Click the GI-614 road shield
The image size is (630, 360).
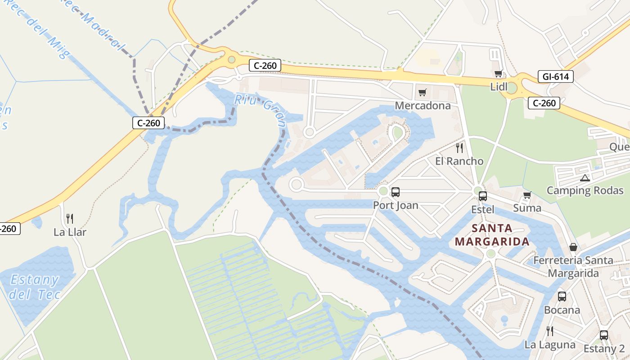click(x=555, y=76)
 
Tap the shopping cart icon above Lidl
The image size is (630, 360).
click(x=498, y=73)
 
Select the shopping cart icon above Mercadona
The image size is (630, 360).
click(x=422, y=92)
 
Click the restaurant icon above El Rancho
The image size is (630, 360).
click(x=459, y=148)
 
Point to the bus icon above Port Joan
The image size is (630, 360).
click(x=396, y=192)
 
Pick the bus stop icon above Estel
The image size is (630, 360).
click(x=483, y=196)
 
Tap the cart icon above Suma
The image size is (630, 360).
click(x=527, y=195)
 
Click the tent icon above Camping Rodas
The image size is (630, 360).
click(x=585, y=178)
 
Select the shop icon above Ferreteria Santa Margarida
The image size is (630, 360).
click(x=573, y=247)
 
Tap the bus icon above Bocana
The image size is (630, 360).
click(x=562, y=297)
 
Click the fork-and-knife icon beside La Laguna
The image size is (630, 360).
click(x=549, y=331)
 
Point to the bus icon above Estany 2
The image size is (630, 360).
click(x=604, y=335)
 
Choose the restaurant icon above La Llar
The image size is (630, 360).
click(x=70, y=219)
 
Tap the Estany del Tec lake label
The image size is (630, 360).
click(x=35, y=287)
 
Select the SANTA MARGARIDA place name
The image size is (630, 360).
click(x=492, y=235)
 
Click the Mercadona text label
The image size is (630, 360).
click(x=423, y=105)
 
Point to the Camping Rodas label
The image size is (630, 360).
click(x=585, y=190)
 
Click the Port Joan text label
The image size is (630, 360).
click(x=396, y=206)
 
